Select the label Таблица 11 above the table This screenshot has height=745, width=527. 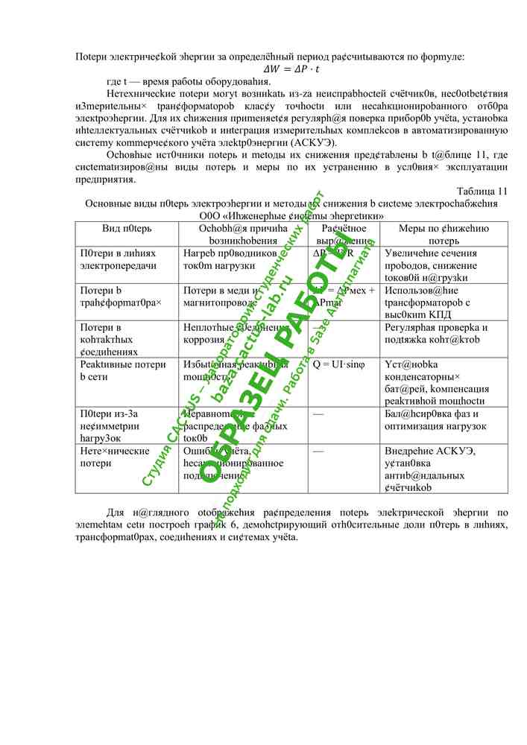482,191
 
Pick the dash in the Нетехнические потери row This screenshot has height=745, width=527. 318,451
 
